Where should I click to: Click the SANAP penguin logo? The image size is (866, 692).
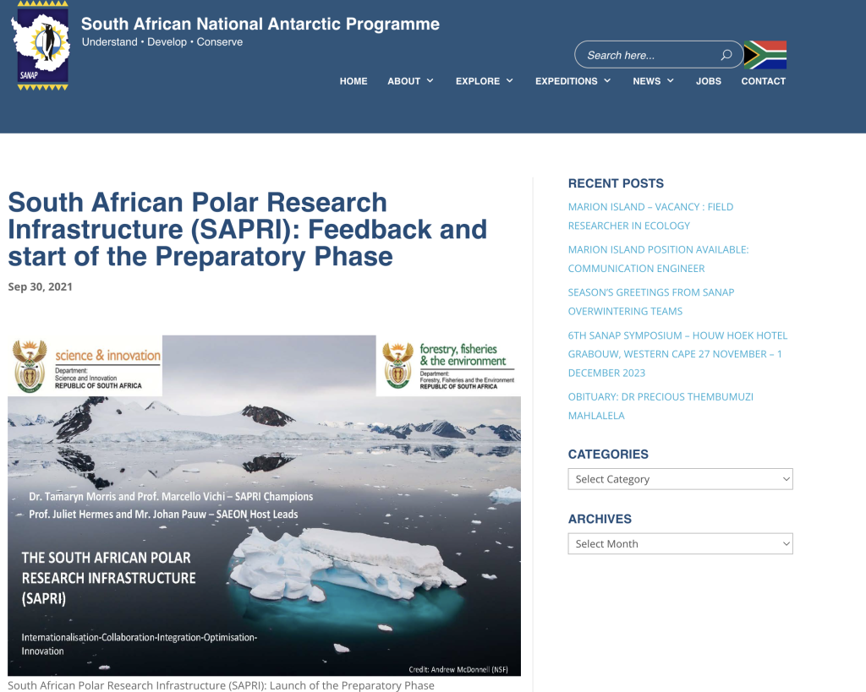click(41, 46)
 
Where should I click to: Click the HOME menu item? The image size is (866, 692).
click(354, 81)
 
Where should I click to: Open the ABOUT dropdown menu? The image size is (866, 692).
click(410, 81)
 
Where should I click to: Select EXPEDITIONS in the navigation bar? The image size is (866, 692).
click(573, 81)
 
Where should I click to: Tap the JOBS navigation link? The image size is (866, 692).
click(709, 81)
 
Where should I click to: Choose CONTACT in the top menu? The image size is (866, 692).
click(764, 81)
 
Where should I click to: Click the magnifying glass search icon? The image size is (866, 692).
click(726, 55)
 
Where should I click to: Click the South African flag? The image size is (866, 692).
click(765, 55)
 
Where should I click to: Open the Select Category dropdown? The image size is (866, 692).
click(681, 479)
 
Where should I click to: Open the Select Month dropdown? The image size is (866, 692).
click(681, 543)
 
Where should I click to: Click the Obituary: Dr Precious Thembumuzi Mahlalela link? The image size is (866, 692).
click(660, 406)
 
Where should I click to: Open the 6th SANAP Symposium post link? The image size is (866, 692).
click(677, 354)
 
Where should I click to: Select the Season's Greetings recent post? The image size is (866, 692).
click(651, 302)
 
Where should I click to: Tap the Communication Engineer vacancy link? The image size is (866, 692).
click(658, 259)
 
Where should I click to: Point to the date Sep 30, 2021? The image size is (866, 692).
click(41, 287)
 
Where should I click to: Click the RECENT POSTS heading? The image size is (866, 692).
click(616, 183)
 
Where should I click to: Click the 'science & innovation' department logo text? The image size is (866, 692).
click(107, 356)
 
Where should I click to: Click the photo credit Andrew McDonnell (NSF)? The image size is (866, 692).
click(458, 669)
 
